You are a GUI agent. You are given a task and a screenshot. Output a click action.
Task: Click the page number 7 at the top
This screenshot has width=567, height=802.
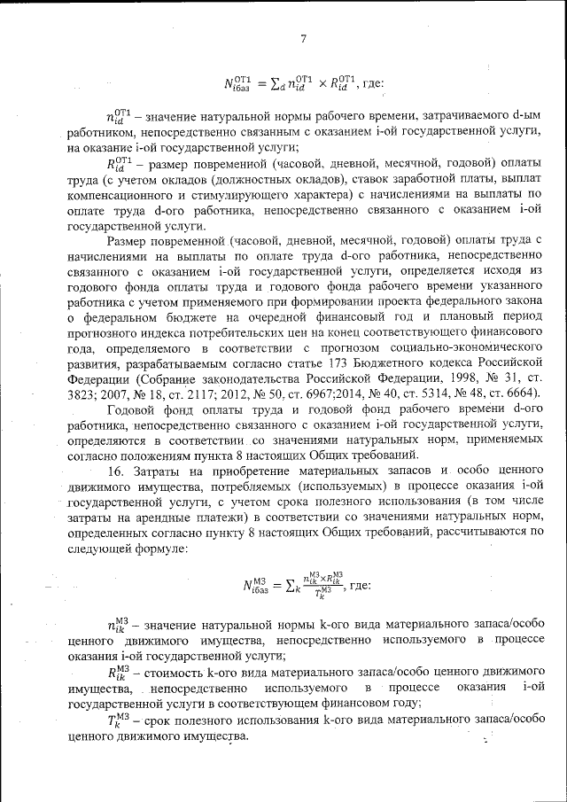pos(302,38)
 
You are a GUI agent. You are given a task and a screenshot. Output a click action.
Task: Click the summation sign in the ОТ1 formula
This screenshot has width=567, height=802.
pos(287,85)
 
